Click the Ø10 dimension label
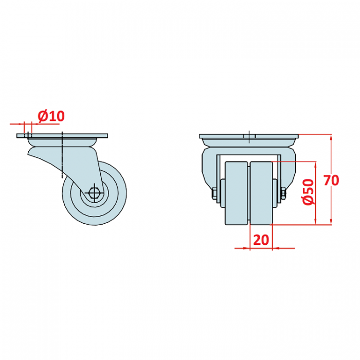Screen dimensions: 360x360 tap(51, 116)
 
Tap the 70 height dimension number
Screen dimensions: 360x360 tap(331, 180)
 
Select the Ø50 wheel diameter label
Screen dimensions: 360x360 tap(308, 192)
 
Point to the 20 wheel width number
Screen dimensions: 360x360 tap(261, 240)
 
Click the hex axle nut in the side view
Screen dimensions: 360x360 tap(94, 192)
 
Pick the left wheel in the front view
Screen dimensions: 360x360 tap(237, 193)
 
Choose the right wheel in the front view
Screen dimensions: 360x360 tap(261, 193)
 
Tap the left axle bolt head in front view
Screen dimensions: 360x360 tap(214, 193)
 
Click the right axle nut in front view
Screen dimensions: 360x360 tap(283, 193)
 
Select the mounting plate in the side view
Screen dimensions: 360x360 tap(62, 136)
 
